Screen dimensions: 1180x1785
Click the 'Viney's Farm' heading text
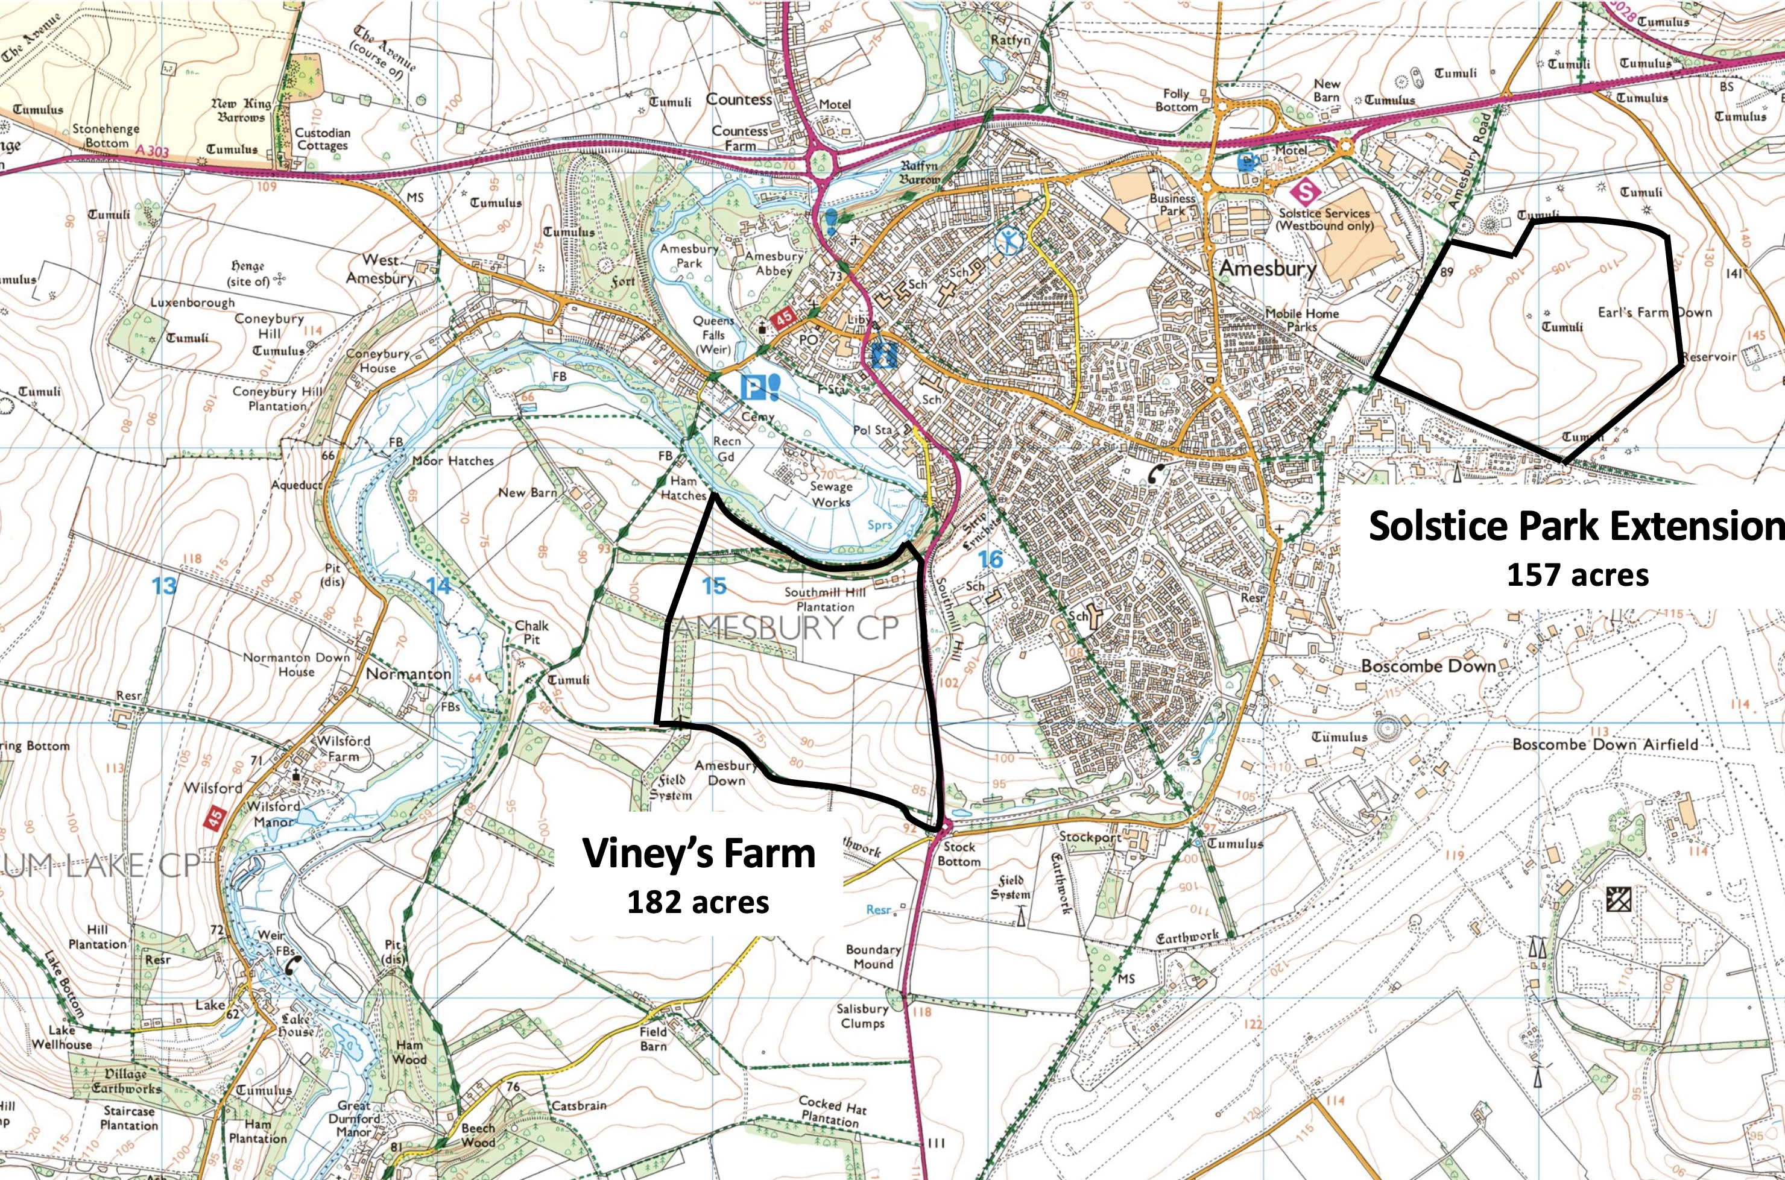click(x=700, y=854)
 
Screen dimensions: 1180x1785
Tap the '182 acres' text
click(x=699, y=901)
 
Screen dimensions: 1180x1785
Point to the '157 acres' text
click(x=1577, y=575)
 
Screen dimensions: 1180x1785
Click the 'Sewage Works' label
click(x=831, y=494)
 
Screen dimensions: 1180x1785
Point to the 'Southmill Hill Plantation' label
click(x=825, y=599)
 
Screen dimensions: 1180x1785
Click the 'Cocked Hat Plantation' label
click(x=832, y=1111)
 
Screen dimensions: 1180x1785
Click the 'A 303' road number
click(x=153, y=152)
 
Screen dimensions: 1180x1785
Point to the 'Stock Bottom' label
click(x=958, y=853)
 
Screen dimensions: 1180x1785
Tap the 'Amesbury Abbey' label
click(x=774, y=263)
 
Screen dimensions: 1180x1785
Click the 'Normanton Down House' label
click(x=297, y=664)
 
